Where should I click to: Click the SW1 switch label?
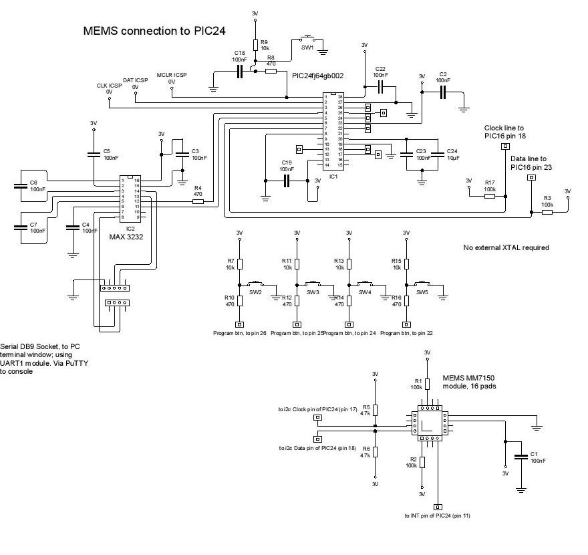click(x=307, y=47)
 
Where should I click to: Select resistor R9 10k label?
click(x=265, y=45)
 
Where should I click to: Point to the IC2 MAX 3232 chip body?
click(x=129, y=199)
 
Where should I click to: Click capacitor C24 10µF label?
click(x=452, y=154)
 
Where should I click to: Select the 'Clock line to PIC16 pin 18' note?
click(x=504, y=132)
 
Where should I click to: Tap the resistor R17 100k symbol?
click(x=490, y=196)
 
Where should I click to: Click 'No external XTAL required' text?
click(x=506, y=247)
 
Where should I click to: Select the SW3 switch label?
click(x=313, y=292)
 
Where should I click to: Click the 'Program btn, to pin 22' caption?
click(x=407, y=332)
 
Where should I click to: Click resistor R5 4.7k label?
click(x=365, y=410)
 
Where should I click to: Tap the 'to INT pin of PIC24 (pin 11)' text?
click(x=438, y=516)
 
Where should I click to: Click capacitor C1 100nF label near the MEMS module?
click(x=537, y=457)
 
